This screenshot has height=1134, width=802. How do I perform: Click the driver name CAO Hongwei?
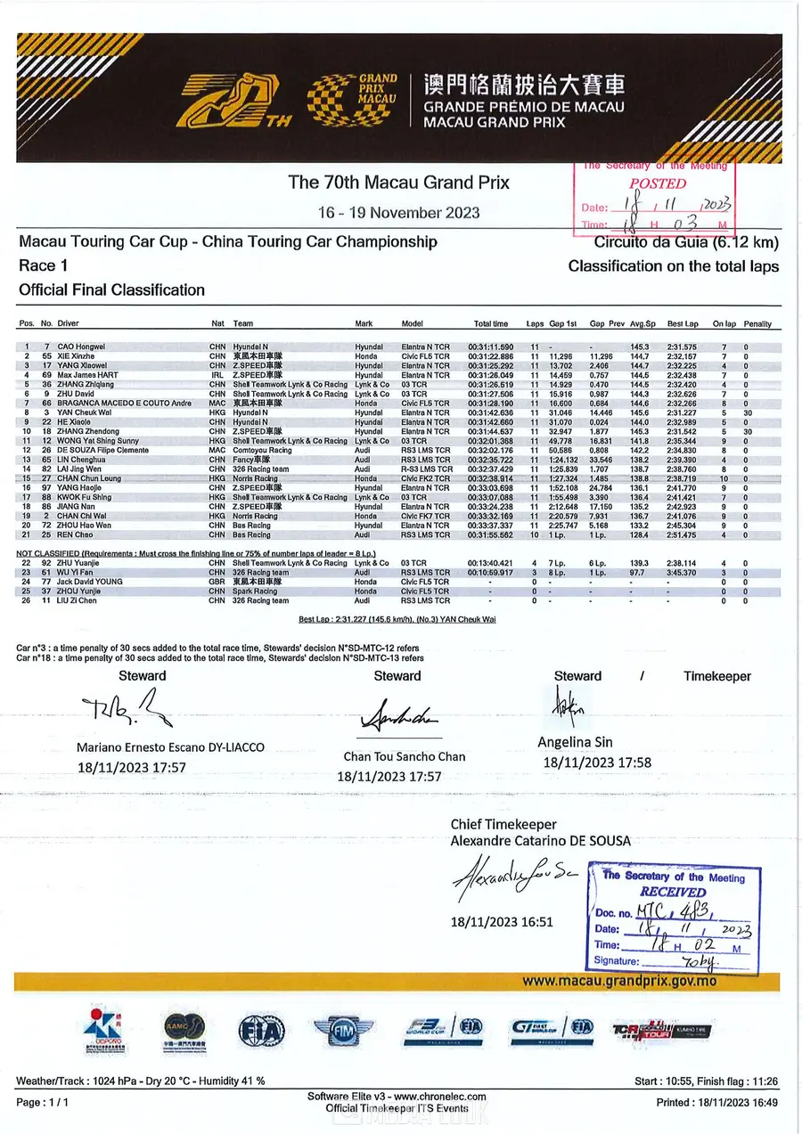pyautogui.click(x=81, y=346)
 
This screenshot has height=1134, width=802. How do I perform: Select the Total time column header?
pyautogui.click(x=491, y=324)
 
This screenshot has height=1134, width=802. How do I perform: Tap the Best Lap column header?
pyautogui.click(x=682, y=324)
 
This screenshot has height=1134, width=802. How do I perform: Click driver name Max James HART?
pyautogui.click(x=88, y=374)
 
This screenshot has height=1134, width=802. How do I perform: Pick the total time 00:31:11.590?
pyautogui.click(x=490, y=346)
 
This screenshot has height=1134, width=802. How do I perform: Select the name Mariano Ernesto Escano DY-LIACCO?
pyautogui.click(x=169, y=747)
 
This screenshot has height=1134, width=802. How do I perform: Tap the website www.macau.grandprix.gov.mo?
pyautogui.click(x=618, y=981)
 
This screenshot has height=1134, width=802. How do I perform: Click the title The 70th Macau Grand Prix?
pyautogui.click(x=398, y=183)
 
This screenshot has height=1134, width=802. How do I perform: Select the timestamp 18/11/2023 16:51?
pyautogui.click(x=502, y=922)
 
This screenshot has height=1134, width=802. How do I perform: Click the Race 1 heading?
pyautogui.click(x=42, y=265)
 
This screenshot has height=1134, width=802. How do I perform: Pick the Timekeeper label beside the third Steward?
pyautogui.click(x=716, y=676)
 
